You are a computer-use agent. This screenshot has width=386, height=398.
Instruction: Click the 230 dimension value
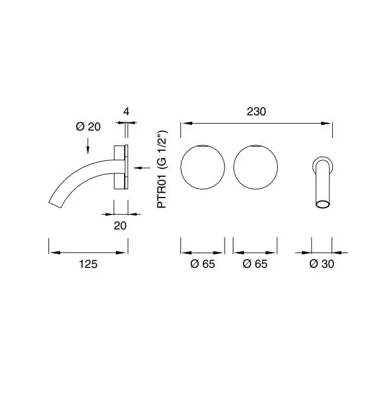257,112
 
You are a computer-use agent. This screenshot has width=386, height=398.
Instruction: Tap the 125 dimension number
88,264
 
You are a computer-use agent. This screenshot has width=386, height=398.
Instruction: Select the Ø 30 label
322,264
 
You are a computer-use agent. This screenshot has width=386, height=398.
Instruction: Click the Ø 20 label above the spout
88,127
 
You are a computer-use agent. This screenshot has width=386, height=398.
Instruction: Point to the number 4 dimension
126,112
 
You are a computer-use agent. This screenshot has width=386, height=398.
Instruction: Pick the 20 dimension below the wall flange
120,226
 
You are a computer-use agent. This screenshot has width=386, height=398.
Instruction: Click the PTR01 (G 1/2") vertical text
162,169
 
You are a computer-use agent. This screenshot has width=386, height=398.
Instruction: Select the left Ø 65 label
203,264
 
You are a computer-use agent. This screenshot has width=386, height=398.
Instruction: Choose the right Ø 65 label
255,264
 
